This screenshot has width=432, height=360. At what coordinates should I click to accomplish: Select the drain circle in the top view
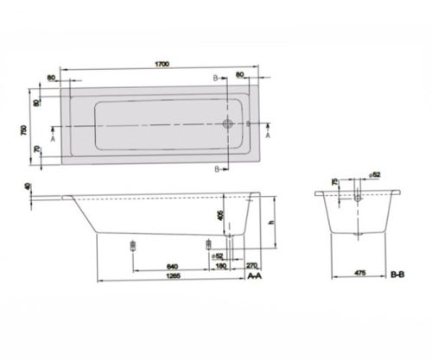228,123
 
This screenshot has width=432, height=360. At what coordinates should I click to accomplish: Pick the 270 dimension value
252,265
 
